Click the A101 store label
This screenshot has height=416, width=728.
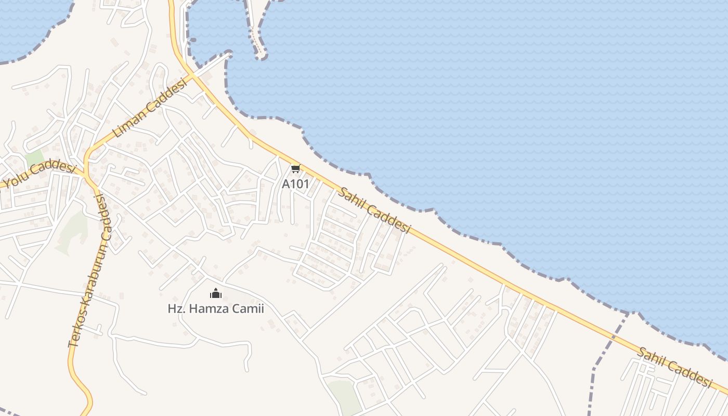tap(295, 184)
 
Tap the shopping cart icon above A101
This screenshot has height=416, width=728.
tap(295, 169)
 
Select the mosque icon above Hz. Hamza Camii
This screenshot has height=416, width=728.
tap(216, 294)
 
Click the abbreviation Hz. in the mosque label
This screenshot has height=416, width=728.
tap(176, 309)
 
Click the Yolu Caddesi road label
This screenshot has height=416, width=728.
tap(40, 174)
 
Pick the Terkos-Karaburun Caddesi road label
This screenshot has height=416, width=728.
tap(89, 270)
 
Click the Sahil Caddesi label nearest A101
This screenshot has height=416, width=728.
tap(374, 210)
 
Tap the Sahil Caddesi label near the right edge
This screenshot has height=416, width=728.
tap(674, 367)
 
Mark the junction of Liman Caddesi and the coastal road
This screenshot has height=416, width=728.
tap(192, 75)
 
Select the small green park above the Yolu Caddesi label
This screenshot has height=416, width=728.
tap(35, 158)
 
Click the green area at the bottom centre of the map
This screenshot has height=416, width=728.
tap(344, 396)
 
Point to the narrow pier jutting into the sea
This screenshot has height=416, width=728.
tap(256, 36)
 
